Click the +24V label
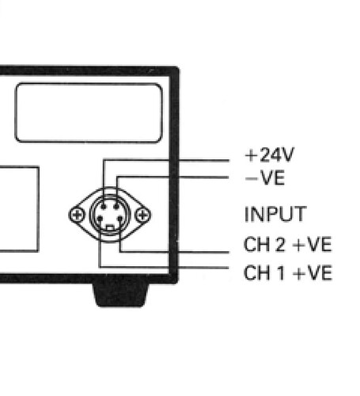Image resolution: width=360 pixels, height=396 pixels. click(x=270, y=154)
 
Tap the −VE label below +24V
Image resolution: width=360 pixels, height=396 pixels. click(x=265, y=178)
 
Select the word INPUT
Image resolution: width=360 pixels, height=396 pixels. click(x=275, y=214)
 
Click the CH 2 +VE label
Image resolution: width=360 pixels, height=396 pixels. click(x=288, y=245)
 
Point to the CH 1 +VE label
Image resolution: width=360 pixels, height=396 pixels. click(x=288, y=272)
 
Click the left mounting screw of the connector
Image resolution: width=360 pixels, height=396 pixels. click(x=77, y=215)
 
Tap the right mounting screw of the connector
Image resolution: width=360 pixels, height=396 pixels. click(x=142, y=215)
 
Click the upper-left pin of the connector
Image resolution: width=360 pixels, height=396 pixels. click(x=104, y=207)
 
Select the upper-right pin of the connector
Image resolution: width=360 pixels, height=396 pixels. click(x=117, y=207)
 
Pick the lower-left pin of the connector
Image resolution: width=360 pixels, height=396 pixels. click(x=100, y=219)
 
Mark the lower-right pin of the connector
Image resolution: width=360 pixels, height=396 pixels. click(x=120, y=219)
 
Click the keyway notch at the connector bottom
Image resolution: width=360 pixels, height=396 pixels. click(x=110, y=227)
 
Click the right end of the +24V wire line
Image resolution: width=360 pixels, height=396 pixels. click(x=229, y=160)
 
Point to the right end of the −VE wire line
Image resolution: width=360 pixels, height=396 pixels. click(x=228, y=177)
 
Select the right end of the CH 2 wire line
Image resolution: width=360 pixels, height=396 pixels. click(x=229, y=253)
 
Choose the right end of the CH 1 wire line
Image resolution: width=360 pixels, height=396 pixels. click(x=228, y=268)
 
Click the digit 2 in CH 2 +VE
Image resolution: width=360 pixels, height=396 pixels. click(x=279, y=245)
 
